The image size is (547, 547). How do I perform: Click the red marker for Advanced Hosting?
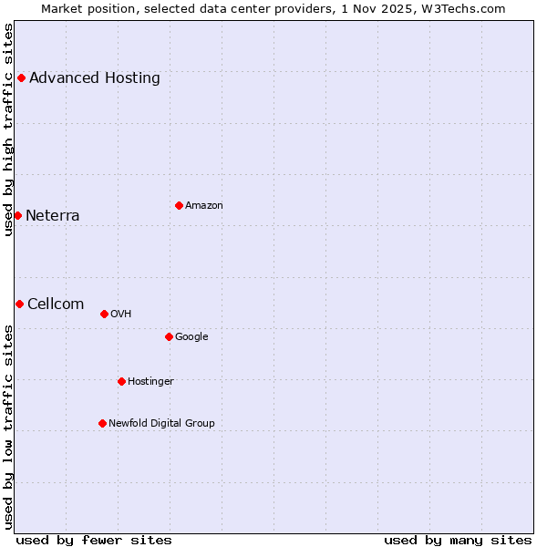(21, 78)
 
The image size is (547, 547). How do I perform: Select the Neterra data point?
(17, 215)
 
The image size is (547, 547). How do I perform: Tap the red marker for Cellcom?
(19, 304)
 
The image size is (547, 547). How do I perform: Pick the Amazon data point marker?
(179, 205)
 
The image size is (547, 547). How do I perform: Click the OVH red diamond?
(104, 314)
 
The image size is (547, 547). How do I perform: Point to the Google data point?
(169, 336)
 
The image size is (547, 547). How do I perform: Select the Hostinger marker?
(121, 381)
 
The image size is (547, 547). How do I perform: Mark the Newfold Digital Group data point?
(102, 423)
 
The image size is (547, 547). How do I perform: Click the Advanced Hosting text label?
(95, 78)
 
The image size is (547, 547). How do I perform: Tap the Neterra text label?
(53, 216)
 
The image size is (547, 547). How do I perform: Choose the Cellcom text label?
(56, 304)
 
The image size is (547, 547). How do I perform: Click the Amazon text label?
(204, 206)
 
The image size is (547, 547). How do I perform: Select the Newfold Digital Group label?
(162, 423)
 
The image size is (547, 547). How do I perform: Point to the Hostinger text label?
(150, 381)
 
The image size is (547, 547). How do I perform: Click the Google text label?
(191, 337)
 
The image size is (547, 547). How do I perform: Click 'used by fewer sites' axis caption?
(94, 540)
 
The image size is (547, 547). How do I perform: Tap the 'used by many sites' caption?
(458, 540)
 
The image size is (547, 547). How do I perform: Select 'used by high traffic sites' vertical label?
(8, 129)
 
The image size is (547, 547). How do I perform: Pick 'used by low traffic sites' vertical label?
(8, 427)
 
